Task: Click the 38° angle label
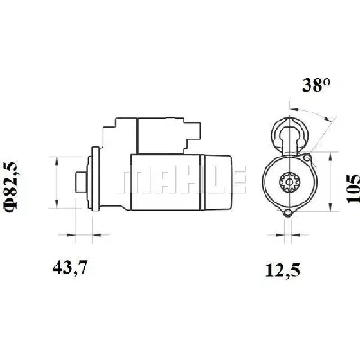point(316,85)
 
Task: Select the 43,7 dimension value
point(70,268)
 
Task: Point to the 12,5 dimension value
point(283,270)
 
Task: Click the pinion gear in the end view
point(288,182)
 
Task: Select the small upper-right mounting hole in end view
point(307,157)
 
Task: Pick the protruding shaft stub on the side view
point(80,182)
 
